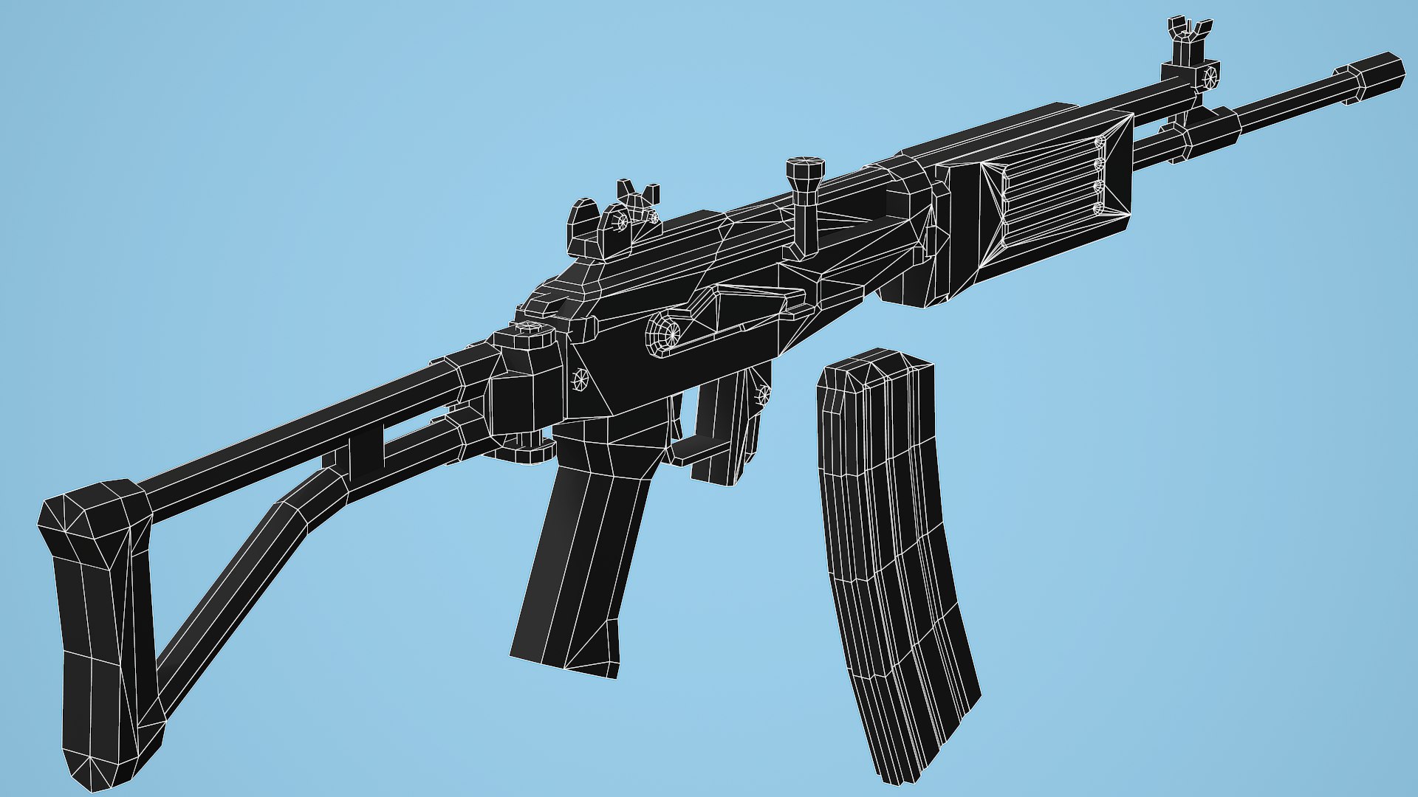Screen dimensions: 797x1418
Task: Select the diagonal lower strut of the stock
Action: click(236, 583)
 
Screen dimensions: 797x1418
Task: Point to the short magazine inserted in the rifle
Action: click(727, 428)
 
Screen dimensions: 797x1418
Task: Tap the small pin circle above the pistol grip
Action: click(580, 379)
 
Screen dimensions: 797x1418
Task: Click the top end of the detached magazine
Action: click(875, 365)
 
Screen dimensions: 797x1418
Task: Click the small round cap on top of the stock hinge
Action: click(529, 329)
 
